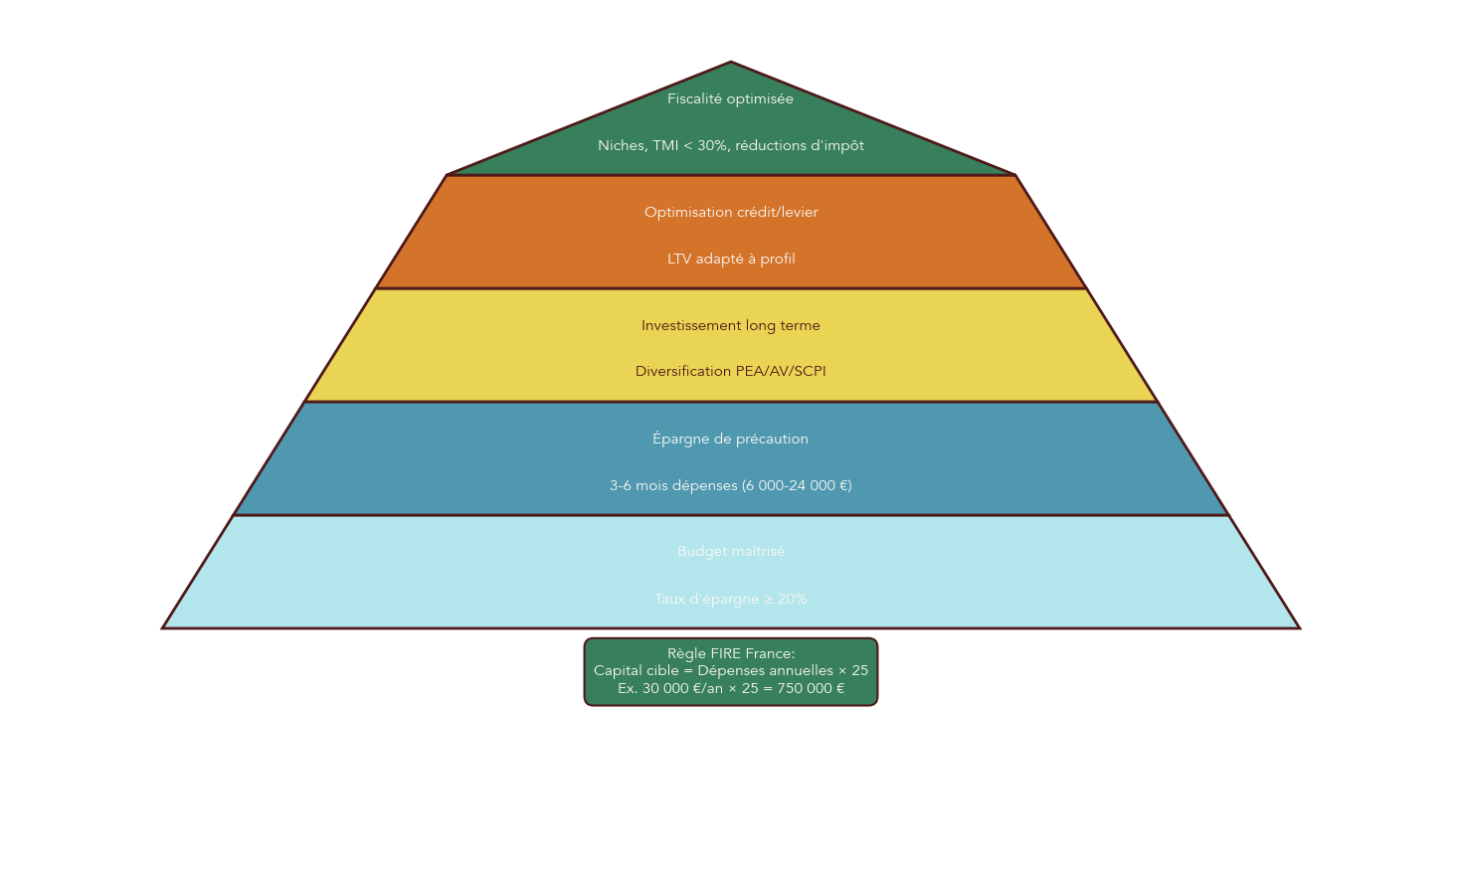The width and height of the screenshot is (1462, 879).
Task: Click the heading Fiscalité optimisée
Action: (x=730, y=98)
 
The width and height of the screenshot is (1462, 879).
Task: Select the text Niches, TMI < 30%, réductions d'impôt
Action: (x=730, y=145)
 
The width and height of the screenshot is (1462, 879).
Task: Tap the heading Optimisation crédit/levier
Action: (x=730, y=212)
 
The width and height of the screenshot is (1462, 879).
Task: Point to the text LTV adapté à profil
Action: (x=730, y=259)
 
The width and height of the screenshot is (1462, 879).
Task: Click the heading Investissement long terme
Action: (x=730, y=325)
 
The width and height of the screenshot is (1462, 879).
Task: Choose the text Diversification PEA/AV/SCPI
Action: (x=730, y=371)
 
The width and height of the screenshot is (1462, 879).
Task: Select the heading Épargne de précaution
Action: (x=730, y=439)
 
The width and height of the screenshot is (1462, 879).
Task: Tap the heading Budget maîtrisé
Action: (x=730, y=551)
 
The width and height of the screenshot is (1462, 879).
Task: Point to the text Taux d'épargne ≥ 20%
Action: (x=730, y=599)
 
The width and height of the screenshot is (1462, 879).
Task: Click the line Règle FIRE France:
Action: (x=730, y=653)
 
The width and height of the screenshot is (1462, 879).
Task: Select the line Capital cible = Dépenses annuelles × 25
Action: (x=730, y=670)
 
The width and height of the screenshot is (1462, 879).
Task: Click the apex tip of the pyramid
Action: (x=731, y=63)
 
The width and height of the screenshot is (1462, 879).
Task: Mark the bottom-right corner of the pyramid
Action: (x=1298, y=627)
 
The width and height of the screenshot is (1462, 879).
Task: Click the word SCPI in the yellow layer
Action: (x=809, y=371)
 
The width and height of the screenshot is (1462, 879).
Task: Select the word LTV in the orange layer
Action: (x=679, y=259)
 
